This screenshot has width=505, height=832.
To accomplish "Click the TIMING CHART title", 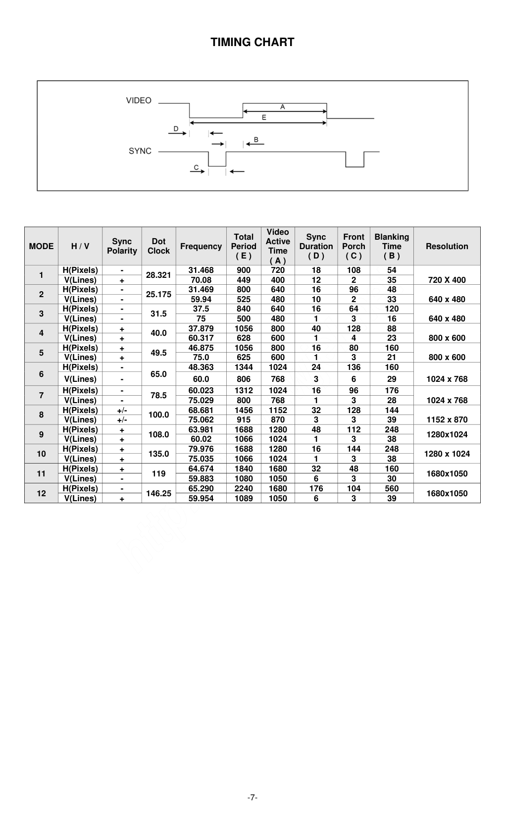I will coord(252,42).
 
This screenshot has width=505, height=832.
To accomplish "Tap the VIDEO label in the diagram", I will coord(139,101).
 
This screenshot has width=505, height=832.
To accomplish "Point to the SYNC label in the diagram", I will coord(140,151).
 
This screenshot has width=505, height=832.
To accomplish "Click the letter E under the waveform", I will coord(264,117).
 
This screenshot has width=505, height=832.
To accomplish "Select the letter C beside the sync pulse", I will coord(196,167).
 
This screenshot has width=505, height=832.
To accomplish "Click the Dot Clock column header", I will coord(158,246).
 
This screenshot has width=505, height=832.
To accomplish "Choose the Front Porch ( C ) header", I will coord(353,246).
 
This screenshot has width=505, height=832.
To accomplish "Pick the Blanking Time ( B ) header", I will coord(392,246).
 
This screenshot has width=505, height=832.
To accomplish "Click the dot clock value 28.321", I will coord(158,275).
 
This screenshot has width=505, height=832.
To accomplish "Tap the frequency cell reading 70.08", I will coord(201,280).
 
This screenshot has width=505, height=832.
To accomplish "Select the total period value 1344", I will coord(244,367).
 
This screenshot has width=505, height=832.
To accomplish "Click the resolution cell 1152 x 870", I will coord(447,419).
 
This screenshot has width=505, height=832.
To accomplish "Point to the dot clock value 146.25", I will coord(158,493).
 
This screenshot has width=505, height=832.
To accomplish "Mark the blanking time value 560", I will coord(392,488).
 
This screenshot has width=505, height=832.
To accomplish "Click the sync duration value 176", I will coord(316,488).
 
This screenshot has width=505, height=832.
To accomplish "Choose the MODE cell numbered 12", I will coord(41,493).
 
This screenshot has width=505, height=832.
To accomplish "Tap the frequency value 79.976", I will coord(201,449).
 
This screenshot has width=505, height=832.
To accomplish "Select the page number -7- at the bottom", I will coord(252,797).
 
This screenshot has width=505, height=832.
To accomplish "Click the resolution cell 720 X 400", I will coord(447,280).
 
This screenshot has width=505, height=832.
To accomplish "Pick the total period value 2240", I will coord(244,488).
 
